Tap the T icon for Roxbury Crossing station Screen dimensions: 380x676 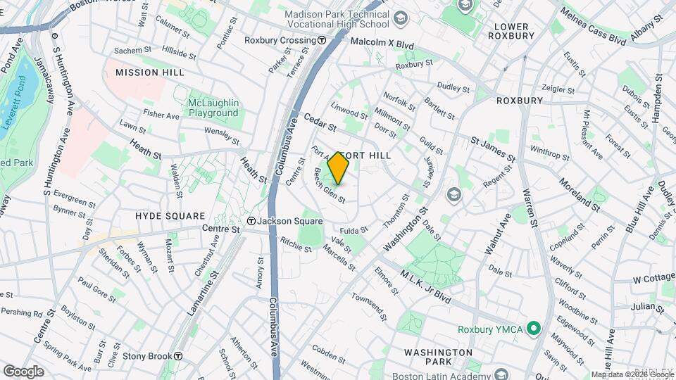(321, 40)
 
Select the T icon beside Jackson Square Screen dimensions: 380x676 (250, 221)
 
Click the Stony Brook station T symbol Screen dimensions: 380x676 (179, 356)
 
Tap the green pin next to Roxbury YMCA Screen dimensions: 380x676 (534, 329)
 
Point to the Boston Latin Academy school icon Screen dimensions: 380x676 (501, 374)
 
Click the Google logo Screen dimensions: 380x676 (23, 372)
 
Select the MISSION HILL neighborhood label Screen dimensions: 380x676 (149, 72)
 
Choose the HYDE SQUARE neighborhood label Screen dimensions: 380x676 (170, 216)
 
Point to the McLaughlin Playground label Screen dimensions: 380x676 (213, 108)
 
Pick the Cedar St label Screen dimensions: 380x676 (320, 124)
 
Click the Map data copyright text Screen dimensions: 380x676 (632, 374)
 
